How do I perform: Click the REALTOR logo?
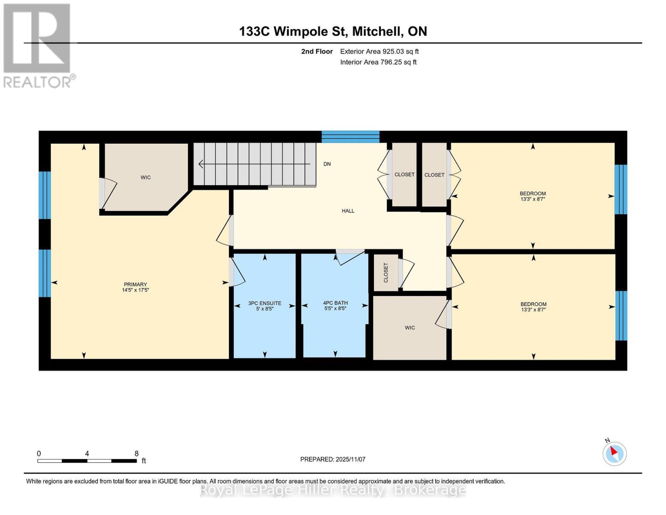coord(38,45)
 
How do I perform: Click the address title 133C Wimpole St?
coord(333,31)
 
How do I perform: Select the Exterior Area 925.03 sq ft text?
coord(379,51)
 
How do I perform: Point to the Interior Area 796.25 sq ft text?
coord(378,62)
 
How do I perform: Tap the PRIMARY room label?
coord(135,285)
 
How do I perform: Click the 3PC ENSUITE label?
coord(265,303)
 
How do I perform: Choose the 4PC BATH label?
coord(335,303)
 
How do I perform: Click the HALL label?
coord(348,211)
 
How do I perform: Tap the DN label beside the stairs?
coord(327,164)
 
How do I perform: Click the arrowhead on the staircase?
coord(200,164)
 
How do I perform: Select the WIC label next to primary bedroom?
coord(145,177)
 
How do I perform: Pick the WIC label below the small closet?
coord(410,327)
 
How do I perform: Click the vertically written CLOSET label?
coord(386,273)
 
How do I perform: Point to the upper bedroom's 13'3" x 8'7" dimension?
coord(533,199)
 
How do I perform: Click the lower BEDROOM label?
coord(533,304)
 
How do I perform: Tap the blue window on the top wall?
coord(350,137)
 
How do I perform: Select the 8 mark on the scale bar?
coord(136,454)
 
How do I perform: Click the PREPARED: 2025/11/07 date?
coord(332,459)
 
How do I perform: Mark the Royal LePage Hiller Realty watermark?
coord(333,490)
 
